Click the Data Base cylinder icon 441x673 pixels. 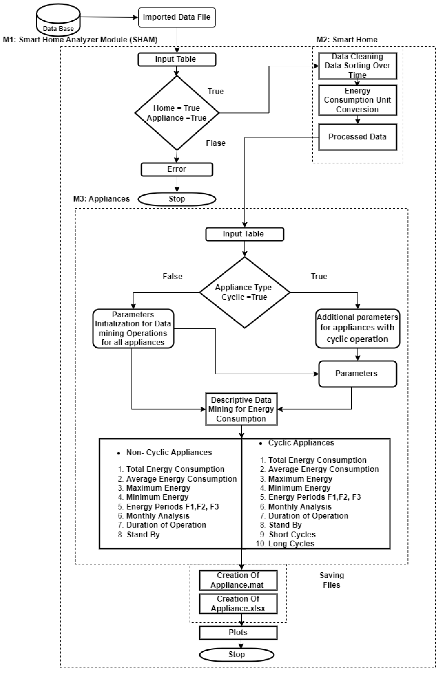click(x=58, y=20)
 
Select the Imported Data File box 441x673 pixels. click(x=177, y=17)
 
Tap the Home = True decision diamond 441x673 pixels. click(x=177, y=113)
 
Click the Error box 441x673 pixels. click(x=177, y=169)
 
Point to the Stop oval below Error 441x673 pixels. click(x=177, y=199)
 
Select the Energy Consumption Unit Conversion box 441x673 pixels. click(x=357, y=100)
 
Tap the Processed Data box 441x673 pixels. click(x=357, y=137)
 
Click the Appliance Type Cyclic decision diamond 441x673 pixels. click(x=244, y=292)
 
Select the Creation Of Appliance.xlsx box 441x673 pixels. click(x=238, y=604)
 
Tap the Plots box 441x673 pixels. click(x=238, y=633)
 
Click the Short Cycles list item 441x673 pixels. click(x=292, y=535)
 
